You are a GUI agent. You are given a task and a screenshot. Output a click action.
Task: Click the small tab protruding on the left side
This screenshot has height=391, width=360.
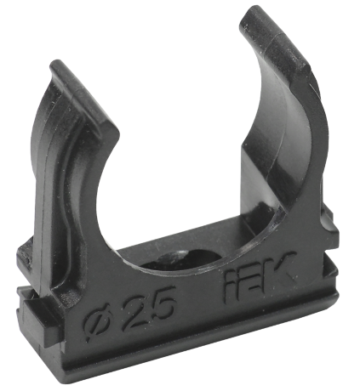tap(27, 252)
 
